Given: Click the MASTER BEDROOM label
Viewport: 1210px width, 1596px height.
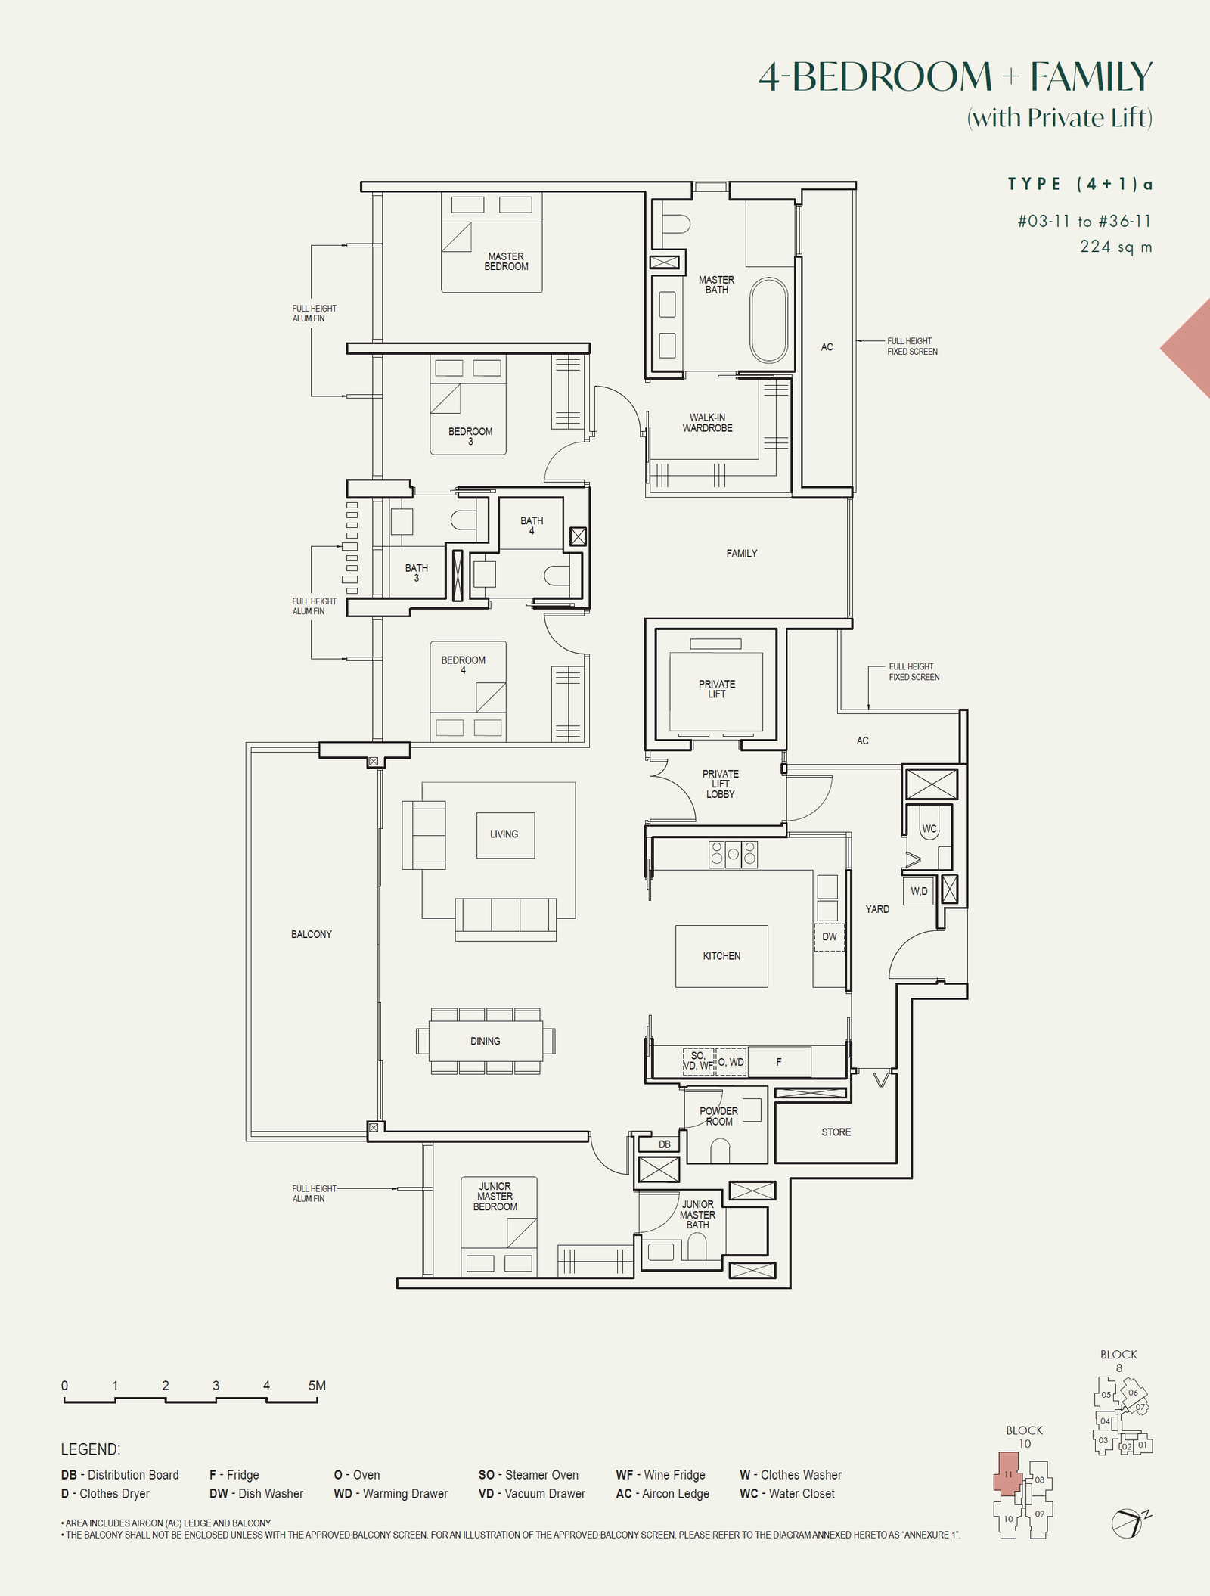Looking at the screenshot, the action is [507, 262].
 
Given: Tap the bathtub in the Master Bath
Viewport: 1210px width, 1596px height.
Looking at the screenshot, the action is [769, 320].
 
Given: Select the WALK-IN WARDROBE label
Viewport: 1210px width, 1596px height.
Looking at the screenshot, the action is [707, 423].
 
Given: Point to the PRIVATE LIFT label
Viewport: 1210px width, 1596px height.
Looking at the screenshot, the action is [717, 689].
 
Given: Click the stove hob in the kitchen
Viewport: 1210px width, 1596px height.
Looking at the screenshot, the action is [733, 854].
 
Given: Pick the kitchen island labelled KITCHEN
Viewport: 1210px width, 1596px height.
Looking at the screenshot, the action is [721, 956].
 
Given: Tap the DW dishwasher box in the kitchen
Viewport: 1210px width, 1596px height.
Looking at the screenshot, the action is [829, 937].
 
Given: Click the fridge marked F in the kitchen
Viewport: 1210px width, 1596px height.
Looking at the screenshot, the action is [779, 1062].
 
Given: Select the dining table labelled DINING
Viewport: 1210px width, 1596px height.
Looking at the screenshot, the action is [486, 1041].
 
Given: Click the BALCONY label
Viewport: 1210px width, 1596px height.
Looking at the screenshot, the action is [312, 935].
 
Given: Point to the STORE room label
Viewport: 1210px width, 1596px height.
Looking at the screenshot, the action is [836, 1132].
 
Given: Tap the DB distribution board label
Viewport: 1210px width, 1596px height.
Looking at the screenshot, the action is [665, 1144].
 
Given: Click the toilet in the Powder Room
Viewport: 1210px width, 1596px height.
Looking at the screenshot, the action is [720, 1151].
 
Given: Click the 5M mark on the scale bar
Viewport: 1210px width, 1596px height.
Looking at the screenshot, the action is [317, 1386].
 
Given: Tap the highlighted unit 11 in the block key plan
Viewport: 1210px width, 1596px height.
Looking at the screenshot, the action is [1007, 1473].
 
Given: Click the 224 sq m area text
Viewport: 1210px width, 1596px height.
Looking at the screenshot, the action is [1116, 247].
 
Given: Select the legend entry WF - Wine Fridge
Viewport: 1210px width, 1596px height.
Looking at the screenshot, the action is [660, 1475].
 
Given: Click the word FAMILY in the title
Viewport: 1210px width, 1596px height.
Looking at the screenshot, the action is [1091, 76].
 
